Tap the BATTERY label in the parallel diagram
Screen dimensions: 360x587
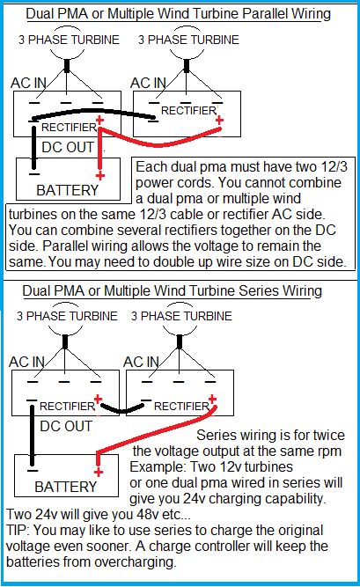68,190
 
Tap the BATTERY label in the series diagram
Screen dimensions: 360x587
65,487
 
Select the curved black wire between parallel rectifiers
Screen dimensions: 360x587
93,111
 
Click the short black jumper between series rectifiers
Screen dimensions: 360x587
121,410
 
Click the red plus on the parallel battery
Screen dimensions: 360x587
99,176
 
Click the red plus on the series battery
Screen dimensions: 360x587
99,472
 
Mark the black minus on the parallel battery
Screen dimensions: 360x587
34,174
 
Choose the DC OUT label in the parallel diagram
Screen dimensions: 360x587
68,147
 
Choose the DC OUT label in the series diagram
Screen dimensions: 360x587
66,426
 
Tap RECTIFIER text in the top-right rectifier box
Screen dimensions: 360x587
188,110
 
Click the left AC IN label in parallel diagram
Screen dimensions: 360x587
28,83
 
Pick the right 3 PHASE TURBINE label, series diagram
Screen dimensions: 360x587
181,316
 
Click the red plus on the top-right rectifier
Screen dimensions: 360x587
219,121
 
